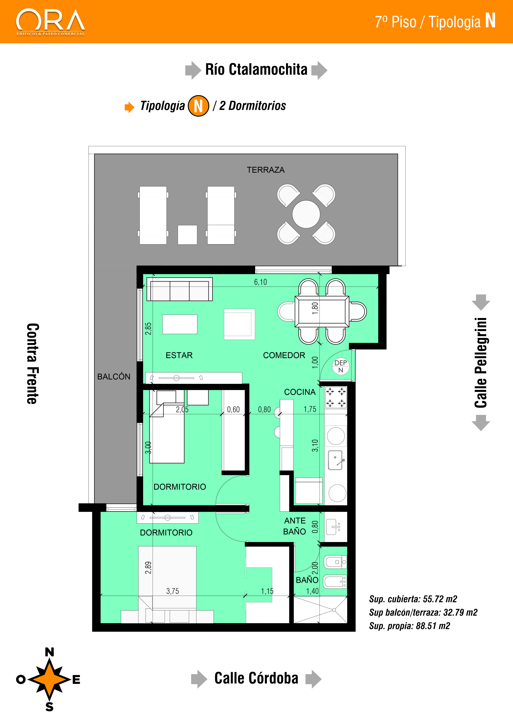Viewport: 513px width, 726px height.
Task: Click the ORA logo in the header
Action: tap(51, 22)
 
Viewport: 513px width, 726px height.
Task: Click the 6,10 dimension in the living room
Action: tap(261, 282)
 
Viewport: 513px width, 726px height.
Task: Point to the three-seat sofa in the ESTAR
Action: tap(179, 289)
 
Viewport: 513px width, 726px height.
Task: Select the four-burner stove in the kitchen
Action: tap(336, 397)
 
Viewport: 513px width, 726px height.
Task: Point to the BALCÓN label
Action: tap(114, 377)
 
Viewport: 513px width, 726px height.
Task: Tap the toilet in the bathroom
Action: tap(335, 562)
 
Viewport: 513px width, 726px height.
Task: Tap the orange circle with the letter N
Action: tap(198, 106)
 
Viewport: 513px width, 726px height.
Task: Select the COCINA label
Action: tap(300, 392)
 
